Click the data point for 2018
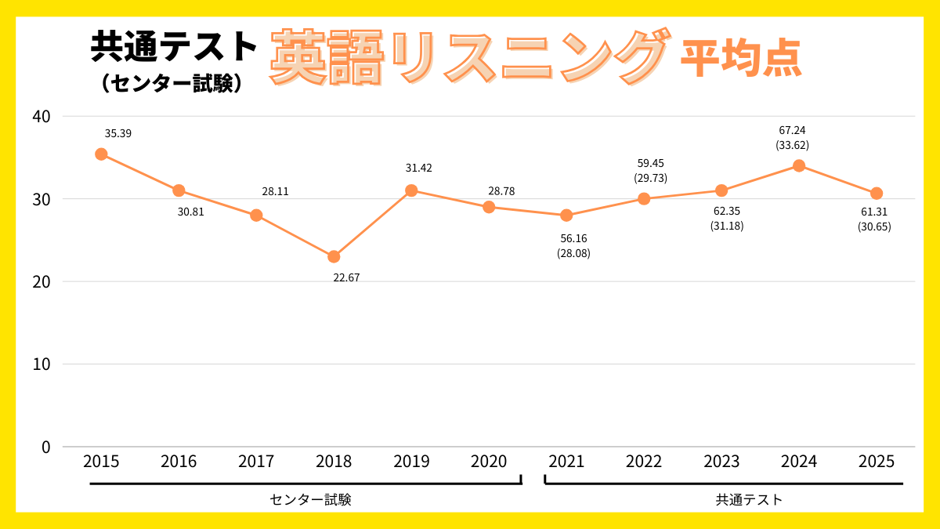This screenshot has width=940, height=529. (x=334, y=256)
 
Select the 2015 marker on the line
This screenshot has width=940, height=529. (x=101, y=154)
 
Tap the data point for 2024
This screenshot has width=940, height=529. (x=799, y=165)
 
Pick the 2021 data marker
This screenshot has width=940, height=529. (x=566, y=216)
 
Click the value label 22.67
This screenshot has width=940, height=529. (x=347, y=277)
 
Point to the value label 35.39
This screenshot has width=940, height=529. (x=118, y=133)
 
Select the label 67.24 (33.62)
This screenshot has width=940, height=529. (x=792, y=138)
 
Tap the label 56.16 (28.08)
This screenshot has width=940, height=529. (x=573, y=245)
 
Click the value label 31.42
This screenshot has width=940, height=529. (x=418, y=168)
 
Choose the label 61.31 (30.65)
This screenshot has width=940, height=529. (x=874, y=219)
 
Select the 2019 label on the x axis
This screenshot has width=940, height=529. (x=411, y=462)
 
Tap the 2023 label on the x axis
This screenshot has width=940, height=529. (x=721, y=462)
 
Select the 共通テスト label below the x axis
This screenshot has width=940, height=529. (x=749, y=499)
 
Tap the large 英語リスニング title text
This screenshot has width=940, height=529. (x=470, y=57)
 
